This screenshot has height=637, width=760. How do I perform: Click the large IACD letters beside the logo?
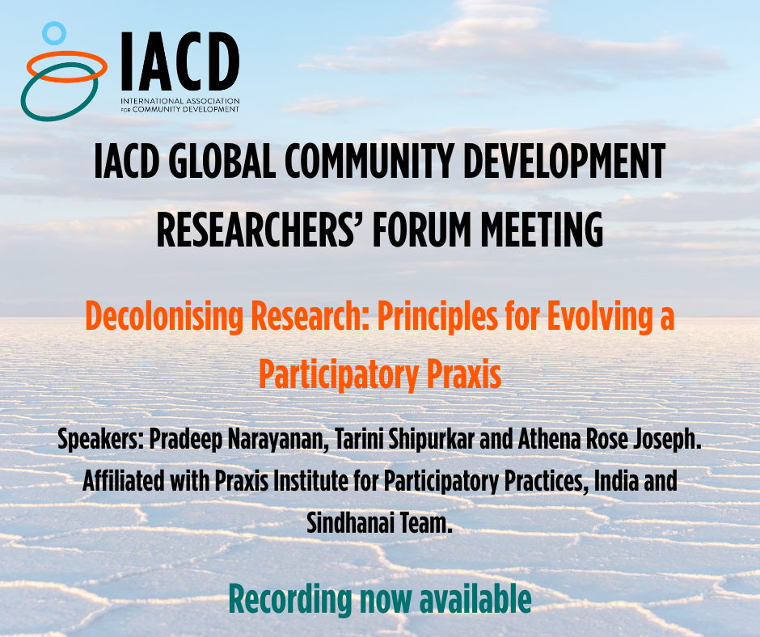[x=179, y=61]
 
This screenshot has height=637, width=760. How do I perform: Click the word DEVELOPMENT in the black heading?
[x=564, y=161]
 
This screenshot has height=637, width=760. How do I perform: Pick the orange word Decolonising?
[x=164, y=317]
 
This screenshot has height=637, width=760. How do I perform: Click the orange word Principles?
[x=437, y=317]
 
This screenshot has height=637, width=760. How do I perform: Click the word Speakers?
[x=101, y=440]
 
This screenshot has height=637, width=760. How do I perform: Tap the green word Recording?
[x=290, y=600]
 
